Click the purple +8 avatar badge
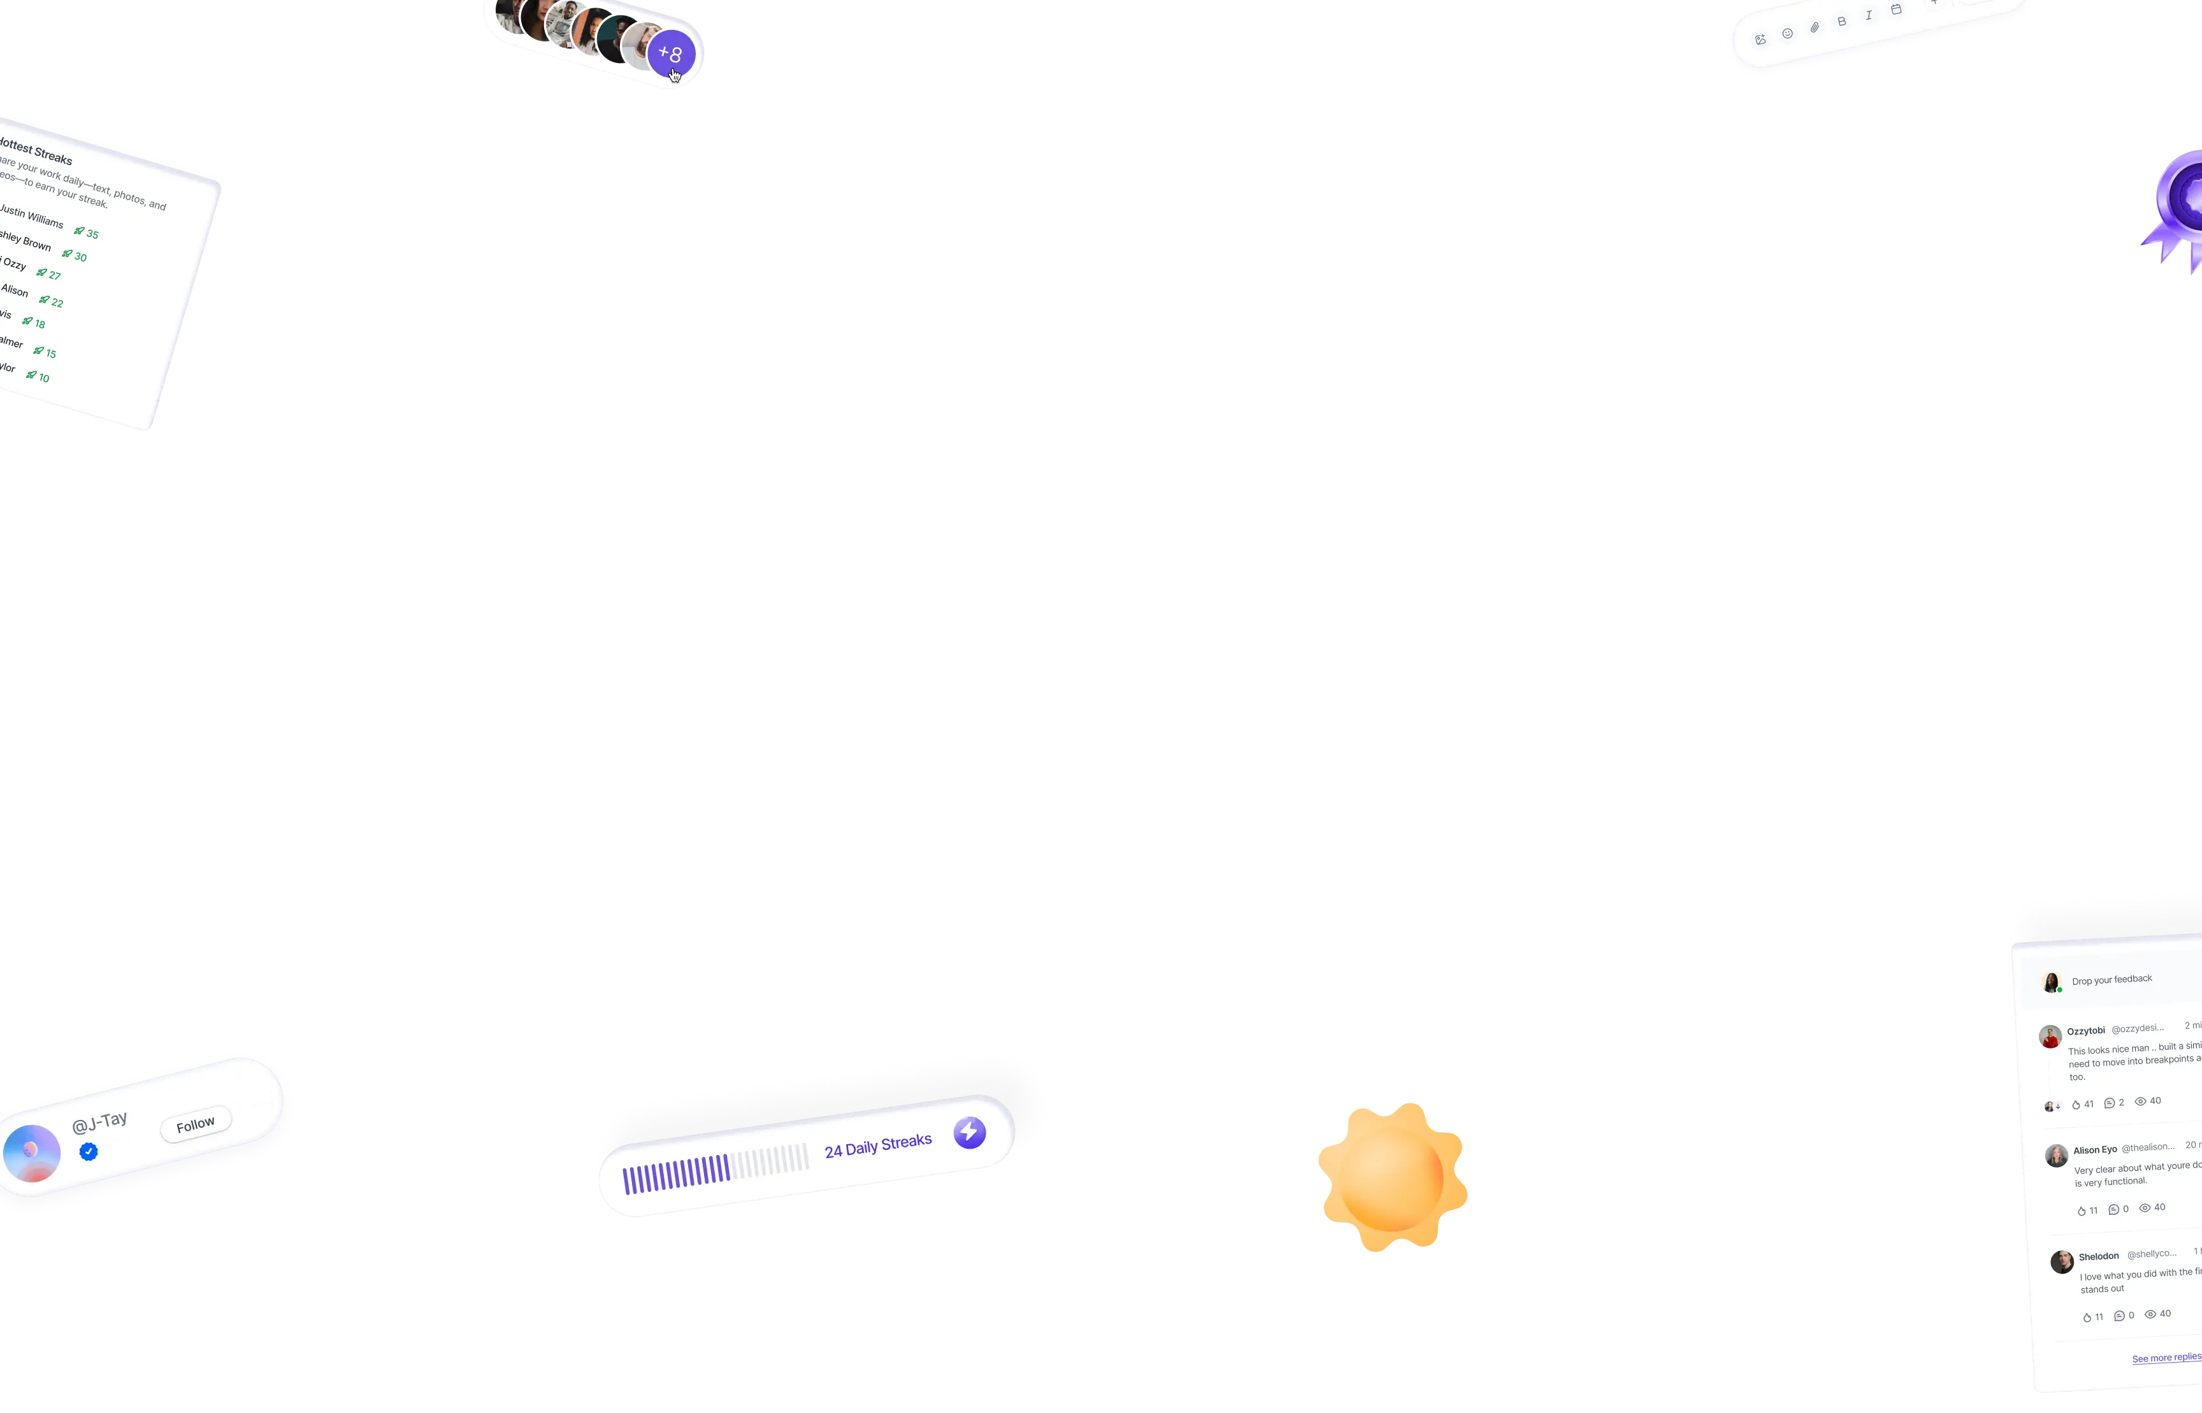tap(671, 54)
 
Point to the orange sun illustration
tap(1391, 1177)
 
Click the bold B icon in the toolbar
tap(1841, 21)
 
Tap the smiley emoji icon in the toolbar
tap(1787, 33)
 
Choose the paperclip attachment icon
tap(1815, 27)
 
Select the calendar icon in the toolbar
tap(1896, 9)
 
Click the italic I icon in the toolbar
tap(1869, 15)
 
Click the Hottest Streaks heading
tap(37, 152)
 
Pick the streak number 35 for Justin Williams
tap(92, 234)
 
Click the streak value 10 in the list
tap(43, 377)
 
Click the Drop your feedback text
tap(2111, 980)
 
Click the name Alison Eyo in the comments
tap(2095, 1150)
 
